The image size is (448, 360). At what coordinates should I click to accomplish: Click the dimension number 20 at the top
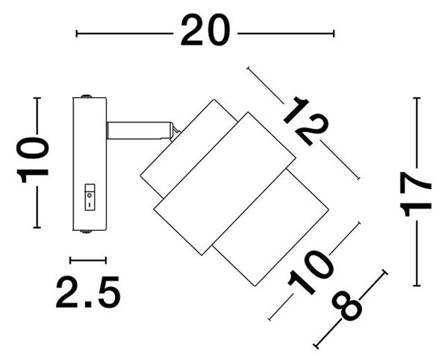pyautogui.click(x=205, y=30)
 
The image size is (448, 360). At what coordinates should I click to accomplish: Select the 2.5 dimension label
pyautogui.click(x=88, y=292)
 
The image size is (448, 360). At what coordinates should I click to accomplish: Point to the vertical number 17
pyautogui.click(x=415, y=193)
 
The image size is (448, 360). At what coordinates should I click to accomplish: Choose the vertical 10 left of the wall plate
pyautogui.click(x=33, y=159)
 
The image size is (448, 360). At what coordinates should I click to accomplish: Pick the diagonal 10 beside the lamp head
pyautogui.click(x=311, y=273)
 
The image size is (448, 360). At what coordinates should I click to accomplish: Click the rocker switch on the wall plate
pyautogui.click(x=90, y=197)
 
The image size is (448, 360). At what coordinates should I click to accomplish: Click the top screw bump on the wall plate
pyautogui.click(x=86, y=96)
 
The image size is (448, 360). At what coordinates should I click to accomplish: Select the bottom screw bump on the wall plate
pyautogui.click(x=86, y=232)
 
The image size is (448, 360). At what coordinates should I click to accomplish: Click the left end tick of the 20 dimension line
pyautogui.click(x=77, y=34)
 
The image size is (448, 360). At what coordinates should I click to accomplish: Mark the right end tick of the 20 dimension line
pyautogui.click(x=334, y=34)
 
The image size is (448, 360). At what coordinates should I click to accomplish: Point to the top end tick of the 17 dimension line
pyautogui.click(x=417, y=98)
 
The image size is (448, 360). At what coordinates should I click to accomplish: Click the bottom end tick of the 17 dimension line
pyautogui.click(x=417, y=285)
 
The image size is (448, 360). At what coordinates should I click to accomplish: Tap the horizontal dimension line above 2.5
pyautogui.click(x=88, y=260)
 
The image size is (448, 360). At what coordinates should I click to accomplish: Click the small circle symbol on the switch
pyautogui.click(x=90, y=196)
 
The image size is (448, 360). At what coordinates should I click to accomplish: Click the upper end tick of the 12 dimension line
pyautogui.click(x=249, y=68)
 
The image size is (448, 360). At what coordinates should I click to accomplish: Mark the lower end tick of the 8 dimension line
pyautogui.click(x=317, y=345)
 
